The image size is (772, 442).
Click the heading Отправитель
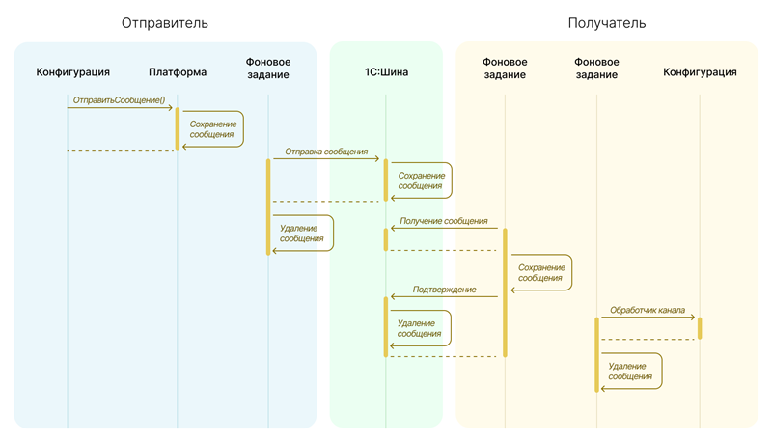click(x=164, y=22)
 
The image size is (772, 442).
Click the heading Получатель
click(x=606, y=22)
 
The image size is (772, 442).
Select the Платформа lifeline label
click(x=178, y=71)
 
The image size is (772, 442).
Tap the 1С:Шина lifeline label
click(x=386, y=71)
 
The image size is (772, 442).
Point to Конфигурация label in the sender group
click(x=72, y=71)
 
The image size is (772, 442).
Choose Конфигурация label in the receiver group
click(x=700, y=71)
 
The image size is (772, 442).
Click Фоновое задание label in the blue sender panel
click(x=268, y=68)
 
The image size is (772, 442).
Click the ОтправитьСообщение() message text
click(x=120, y=99)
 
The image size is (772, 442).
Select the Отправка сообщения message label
click(x=326, y=152)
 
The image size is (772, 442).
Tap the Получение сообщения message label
click(x=443, y=221)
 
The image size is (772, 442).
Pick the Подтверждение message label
click(x=444, y=290)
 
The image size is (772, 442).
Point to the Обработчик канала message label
click(x=647, y=311)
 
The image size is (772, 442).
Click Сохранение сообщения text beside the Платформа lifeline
click(x=211, y=129)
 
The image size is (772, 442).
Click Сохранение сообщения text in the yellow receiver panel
click(x=539, y=272)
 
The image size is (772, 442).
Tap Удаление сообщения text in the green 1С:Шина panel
click(x=420, y=328)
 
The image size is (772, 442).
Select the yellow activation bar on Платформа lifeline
click(x=178, y=127)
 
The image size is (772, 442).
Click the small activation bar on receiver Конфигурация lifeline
click(x=700, y=327)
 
